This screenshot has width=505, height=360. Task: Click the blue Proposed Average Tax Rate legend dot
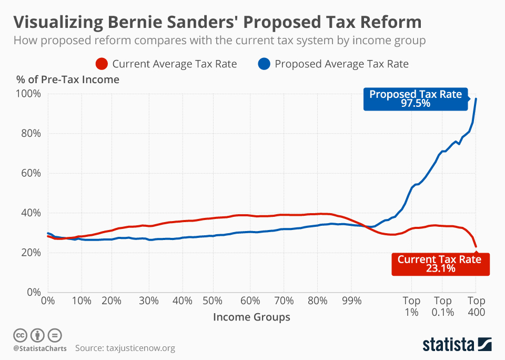(265, 64)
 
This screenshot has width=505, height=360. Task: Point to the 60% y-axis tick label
(30, 173)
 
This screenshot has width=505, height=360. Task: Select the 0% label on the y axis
(33, 292)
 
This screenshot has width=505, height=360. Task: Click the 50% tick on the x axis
(213, 301)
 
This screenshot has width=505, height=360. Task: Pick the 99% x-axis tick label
(351, 301)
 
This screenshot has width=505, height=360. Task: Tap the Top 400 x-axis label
(476, 306)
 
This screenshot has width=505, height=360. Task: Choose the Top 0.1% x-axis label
(442, 306)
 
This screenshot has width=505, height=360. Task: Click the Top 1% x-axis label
(411, 306)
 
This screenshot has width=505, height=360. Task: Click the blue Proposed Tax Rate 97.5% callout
(415, 99)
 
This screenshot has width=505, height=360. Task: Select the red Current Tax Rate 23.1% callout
(439, 264)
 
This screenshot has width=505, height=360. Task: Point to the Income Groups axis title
(251, 317)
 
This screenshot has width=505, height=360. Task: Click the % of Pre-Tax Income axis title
(67, 80)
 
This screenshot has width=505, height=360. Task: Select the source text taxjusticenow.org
(140, 348)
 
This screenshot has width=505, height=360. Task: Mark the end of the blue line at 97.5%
(476, 98)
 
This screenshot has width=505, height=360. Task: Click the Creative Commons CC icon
(20, 335)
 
